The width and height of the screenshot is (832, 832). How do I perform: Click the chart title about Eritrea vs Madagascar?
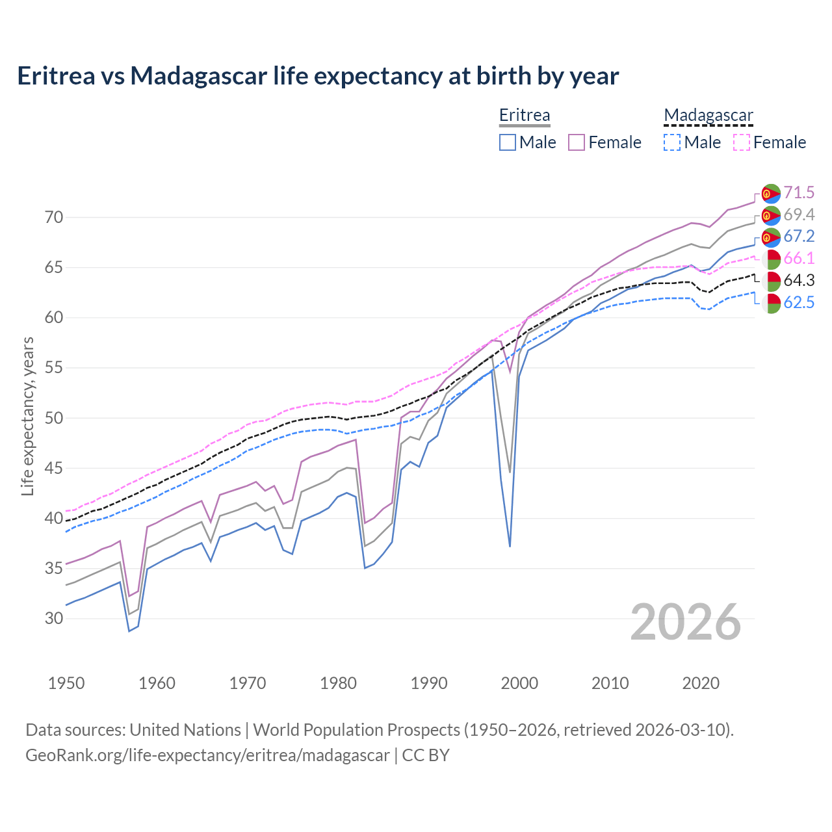click(x=318, y=76)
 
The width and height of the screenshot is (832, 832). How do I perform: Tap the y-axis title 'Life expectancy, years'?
click(x=27, y=416)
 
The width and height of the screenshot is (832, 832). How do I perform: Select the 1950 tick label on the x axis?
click(x=66, y=683)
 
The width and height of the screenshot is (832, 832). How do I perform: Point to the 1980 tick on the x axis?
click(x=338, y=683)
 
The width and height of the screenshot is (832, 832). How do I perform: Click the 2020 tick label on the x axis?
click(x=701, y=683)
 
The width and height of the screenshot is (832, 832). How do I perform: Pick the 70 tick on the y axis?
click(x=54, y=217)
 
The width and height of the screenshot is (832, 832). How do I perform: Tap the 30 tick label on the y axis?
click(x=54, y=618)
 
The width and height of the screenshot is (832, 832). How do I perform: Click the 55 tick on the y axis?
click(x=54, y=368)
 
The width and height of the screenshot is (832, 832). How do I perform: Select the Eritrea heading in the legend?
click(x=524, y=115)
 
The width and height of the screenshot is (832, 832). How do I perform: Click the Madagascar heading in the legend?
click(x=708, y=115)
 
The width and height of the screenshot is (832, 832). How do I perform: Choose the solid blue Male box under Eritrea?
click(x=508, y=142)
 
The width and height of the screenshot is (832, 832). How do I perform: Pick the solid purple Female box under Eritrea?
click(x=577, y=142)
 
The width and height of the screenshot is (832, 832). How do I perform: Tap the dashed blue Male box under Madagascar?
click(x=672, y=142)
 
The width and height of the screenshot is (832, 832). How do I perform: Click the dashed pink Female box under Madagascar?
click(x=741, y=142)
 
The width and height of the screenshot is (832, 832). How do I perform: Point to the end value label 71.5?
click(x=799, y=192)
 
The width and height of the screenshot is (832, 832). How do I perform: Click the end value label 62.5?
click(x=799, y=302)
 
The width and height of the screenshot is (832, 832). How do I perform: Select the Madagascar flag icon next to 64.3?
click(x=771, y=281)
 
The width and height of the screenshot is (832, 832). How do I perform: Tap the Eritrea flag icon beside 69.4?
click(x=771, y=215)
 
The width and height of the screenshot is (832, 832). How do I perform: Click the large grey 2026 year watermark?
click(x=685, y=622)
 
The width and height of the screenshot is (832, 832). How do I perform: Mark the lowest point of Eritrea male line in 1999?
click(x=510, y=546)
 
